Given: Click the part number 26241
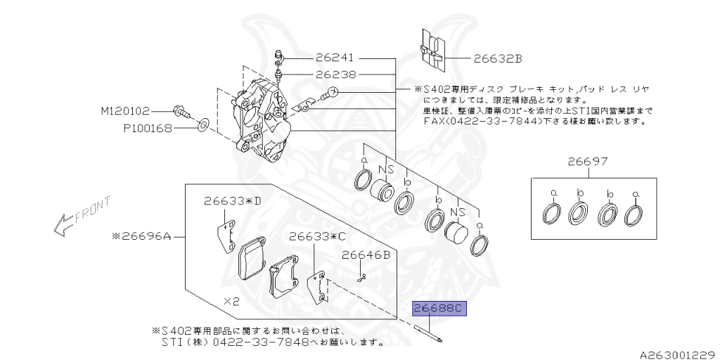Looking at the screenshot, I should coord(335,58).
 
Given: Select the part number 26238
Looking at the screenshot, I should coord(335,74).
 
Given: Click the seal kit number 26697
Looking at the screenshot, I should coord(589,163).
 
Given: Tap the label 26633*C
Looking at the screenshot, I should coord(317,236).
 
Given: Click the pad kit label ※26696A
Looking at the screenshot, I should coord(140,237).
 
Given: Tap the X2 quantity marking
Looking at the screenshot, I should coord(233,300).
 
